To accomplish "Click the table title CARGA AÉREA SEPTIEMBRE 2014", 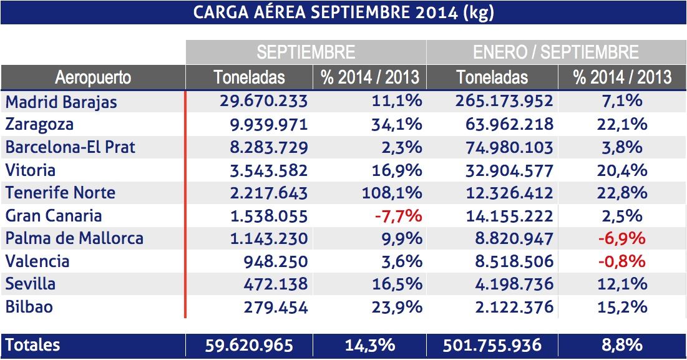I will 343,12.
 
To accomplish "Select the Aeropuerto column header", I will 93,77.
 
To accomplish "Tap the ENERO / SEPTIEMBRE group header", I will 555,52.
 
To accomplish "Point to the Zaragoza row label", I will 39,124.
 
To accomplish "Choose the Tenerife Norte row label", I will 61,192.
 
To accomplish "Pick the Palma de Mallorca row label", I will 74,238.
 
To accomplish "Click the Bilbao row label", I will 29,306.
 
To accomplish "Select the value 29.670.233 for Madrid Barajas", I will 263,101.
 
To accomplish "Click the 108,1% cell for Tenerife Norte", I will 392,192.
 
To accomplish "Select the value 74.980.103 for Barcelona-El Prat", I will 509,147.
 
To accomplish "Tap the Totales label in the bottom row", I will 32,345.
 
